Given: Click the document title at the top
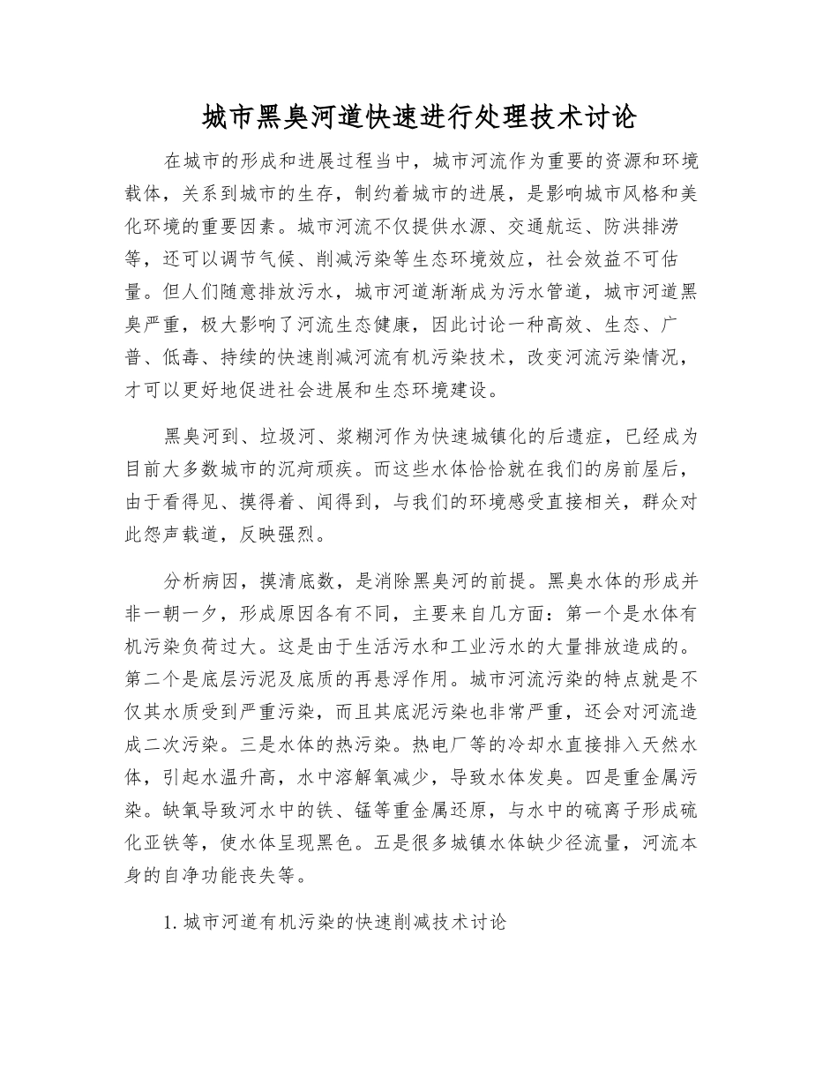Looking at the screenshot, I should (x=418, y=116).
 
